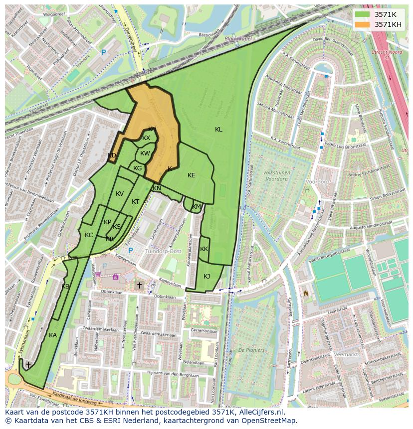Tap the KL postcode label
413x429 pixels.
click(x=218, y=130)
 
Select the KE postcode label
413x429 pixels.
click(x=192, y=175)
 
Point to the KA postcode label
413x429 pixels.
click(x=53, y=335)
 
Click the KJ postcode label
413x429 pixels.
click(x=207, y=277)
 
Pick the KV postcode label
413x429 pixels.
click(x=120, y=194)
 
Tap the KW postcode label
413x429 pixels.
click(x=145, y=153)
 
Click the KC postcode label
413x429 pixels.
click(x=89, y=235)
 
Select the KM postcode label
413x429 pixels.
click(x=197, y=207)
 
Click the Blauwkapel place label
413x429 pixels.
click(x=239, y=38)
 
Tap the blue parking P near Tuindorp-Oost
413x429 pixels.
click(x=131, y=251)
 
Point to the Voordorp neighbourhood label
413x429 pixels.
click(x=317, y=182)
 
